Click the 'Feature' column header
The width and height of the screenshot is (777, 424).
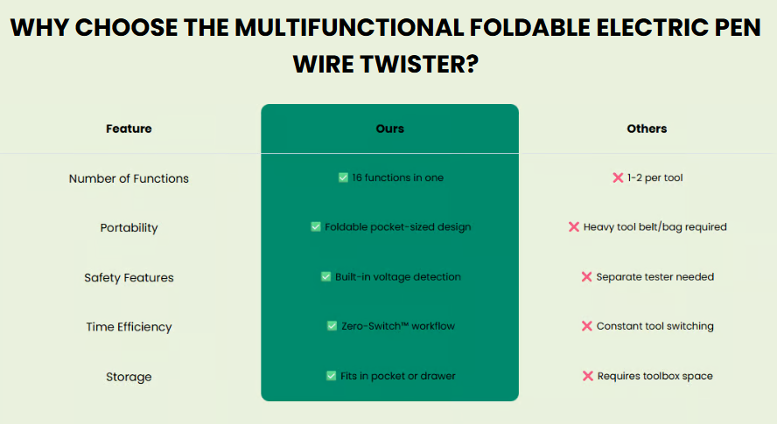click(x=129, y=129)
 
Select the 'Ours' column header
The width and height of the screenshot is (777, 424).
click(x=390, y=129)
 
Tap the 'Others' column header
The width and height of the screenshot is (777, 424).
click(x=647, y=129)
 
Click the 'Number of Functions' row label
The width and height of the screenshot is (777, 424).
click(x=129, y=178)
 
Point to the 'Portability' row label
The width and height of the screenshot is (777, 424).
click(x=129, y=228)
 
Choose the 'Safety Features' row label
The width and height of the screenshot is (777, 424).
click(x=129, y=278)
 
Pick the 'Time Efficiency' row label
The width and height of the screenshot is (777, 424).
click(x=129, y=327)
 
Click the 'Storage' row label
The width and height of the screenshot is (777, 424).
click(x=129, y=377)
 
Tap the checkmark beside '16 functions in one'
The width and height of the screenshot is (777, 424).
click(x=343, y=177)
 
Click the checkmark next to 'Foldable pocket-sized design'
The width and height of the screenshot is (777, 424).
click(x=316, y=226)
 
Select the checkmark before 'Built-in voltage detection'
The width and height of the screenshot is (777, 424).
click(x=325, y=276)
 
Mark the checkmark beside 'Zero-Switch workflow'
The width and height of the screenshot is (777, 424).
click(x=332, y=326)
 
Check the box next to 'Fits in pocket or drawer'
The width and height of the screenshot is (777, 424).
click(x=331, y=376)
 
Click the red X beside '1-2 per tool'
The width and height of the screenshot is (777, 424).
click(x=618, y=177)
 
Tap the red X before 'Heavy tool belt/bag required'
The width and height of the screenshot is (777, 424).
click(x=574, y=226)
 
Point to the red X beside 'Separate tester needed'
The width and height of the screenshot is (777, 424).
click(x=587, y=276)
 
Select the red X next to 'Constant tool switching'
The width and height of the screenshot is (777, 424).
click(x=587, y=326)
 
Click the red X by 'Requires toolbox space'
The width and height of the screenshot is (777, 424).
click(x=588, y=376)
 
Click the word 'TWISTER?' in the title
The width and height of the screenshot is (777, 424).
click(x=419, y=65)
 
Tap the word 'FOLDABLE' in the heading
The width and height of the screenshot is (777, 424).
click(x=529, y=27)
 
